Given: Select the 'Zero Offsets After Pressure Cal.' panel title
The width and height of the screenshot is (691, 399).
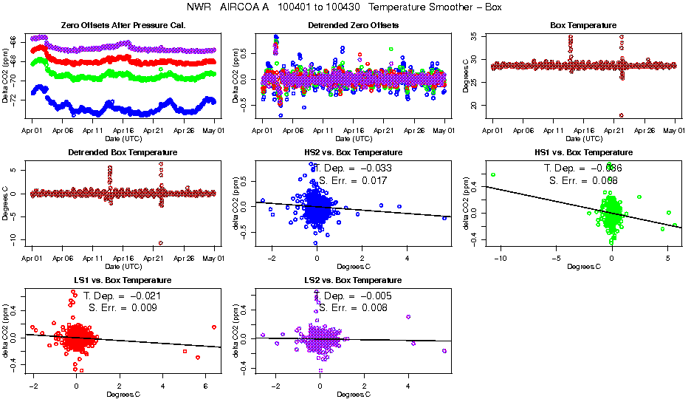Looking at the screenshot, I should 123,25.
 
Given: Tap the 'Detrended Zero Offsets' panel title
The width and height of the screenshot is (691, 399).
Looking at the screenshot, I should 353,25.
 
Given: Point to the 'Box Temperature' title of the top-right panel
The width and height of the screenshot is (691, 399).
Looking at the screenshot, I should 583,25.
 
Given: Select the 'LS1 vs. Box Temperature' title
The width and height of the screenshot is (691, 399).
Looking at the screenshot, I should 123,281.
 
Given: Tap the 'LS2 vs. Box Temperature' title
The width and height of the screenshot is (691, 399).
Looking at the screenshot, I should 353,281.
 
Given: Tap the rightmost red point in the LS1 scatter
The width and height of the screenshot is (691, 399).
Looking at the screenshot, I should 213,327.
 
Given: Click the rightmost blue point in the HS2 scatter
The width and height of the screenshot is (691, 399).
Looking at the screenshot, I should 445,218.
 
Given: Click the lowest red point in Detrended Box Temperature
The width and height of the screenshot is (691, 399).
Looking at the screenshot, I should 160,242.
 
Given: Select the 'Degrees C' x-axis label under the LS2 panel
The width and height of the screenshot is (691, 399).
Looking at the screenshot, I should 353,394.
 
